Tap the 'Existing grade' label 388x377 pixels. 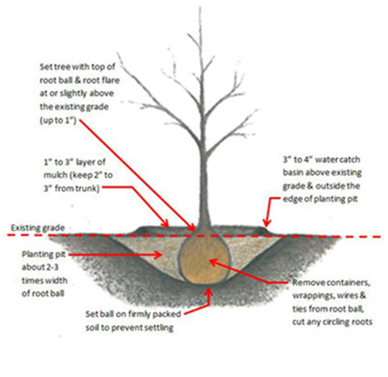coord(38,228)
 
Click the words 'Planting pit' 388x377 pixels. coord(44,254)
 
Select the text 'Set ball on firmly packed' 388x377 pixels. coord(133,314)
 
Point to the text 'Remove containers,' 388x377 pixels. coord(331,282)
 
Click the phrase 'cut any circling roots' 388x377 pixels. coord(333,322)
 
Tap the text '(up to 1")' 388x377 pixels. coord(58,121)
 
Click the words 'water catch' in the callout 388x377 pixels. coord(338,160)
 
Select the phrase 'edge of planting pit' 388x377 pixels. coord(320,200)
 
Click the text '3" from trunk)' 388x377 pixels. coord(72,188)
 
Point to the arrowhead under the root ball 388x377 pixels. coord(209,291)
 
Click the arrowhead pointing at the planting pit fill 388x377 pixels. coord(158,254)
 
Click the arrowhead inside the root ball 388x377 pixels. coord(213,263)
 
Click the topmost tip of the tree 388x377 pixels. coord(200,7)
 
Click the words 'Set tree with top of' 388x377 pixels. coord(78,67)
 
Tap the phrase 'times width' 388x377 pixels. coord(44,280)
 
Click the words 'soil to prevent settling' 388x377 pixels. coord(129,327)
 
